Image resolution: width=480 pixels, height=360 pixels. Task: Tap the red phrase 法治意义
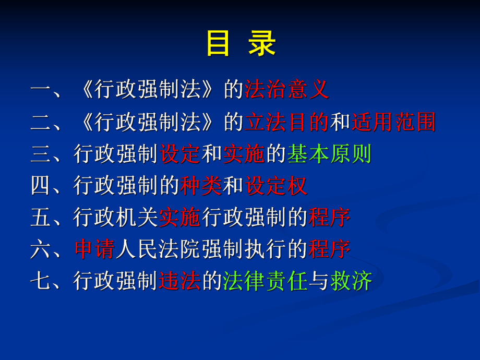(287, 90)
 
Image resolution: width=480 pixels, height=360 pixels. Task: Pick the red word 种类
(201, 186)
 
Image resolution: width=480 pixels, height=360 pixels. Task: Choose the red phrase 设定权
(276, 186)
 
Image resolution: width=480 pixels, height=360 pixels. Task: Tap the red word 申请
(95, 249)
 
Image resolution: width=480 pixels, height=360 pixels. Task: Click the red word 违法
(180, 282)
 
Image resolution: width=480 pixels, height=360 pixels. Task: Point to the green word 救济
(351, 282)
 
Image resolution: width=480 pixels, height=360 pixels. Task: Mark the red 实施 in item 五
(180, 218)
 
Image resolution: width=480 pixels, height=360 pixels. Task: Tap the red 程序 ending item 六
(329, 249)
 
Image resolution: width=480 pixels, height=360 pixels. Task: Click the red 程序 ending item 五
(329, 218)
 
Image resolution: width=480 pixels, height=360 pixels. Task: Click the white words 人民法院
(159, 249)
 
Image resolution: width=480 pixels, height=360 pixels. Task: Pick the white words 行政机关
(116, 218)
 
